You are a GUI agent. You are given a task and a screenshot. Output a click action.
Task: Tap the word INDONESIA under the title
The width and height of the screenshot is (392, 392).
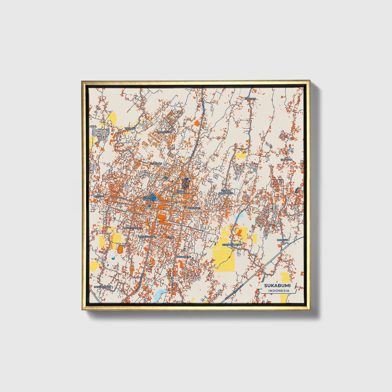coord(279,291)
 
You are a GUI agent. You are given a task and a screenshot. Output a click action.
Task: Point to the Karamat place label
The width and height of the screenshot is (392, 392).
coord(130,128)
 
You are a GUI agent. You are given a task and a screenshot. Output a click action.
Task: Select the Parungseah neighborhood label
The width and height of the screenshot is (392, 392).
coord(165,132)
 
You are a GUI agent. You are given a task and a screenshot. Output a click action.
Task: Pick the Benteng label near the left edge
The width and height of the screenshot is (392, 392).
coord(98,196)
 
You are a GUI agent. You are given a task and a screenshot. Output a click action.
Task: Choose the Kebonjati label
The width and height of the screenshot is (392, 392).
coord(194,208)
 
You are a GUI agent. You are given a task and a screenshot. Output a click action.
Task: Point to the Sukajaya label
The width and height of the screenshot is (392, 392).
coord(250,99)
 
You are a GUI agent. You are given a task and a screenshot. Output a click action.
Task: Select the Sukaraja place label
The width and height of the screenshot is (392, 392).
coord(286,160)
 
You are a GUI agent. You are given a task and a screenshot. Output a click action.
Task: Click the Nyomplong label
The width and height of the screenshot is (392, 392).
coord(133,228)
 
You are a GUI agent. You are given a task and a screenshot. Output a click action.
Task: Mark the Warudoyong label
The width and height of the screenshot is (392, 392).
coord(147,237)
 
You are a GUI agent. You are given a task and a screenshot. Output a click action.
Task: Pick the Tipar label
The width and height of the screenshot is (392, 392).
coord(170,237)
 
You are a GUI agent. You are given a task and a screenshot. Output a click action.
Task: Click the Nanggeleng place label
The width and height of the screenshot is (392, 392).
coord(183,257)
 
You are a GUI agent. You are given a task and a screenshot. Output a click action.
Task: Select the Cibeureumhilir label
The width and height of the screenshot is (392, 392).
coord(231,245)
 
